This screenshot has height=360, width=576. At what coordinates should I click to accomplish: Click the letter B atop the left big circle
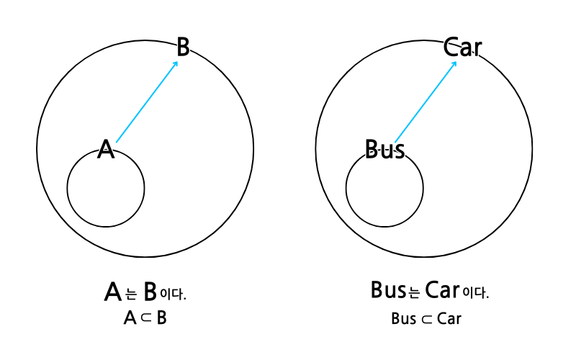183,48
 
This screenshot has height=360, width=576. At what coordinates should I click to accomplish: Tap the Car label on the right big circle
462,48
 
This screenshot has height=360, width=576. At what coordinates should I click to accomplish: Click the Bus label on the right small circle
384,150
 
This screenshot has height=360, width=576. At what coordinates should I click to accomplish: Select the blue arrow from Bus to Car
425,102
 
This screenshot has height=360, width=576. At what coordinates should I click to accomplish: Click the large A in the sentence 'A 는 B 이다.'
113,292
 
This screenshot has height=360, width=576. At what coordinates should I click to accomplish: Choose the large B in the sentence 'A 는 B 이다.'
150,292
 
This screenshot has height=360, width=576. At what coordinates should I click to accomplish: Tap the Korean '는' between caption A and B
131,294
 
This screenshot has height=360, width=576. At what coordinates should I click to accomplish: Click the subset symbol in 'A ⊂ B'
145,318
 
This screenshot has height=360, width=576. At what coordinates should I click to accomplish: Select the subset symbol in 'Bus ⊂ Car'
427,318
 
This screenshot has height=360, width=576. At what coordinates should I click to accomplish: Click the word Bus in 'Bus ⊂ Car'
403,318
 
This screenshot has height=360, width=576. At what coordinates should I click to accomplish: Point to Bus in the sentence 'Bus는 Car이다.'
388,290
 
